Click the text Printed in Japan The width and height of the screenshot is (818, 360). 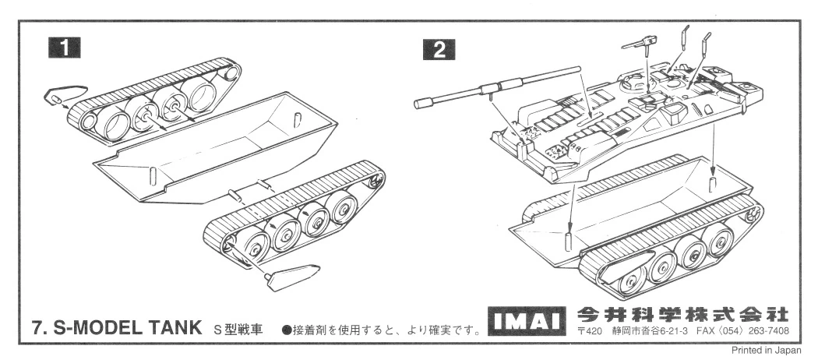(767, 351)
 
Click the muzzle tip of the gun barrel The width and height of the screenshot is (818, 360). (424, 102)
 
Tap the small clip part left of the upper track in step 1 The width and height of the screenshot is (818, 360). (58, 96)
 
